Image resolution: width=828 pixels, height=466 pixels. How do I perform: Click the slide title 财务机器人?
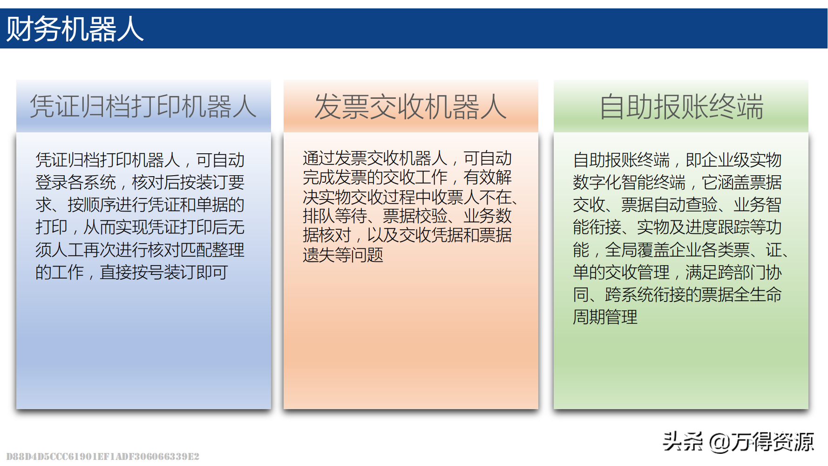pyautogui.click(x=75, y=29)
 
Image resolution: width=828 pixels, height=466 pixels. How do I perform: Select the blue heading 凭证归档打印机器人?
pyautogui.click(x=143, y=106)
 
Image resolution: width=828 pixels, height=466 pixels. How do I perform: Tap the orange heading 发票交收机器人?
pyautogui.click(x=411, y=107)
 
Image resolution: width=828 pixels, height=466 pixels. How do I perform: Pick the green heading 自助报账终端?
pyautogui.click(x=681, y=107)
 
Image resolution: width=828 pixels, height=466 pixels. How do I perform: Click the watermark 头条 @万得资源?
pyautogui.click(x=738, y=442)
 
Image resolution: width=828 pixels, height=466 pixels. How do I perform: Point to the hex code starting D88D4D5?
pyautogui.click(x=102, y=456)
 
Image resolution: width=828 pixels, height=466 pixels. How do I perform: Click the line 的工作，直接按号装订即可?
pyautogui.click(x=132, y=272)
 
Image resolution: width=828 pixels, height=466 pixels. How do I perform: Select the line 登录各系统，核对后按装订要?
pyautogui.click(x=140, y=182)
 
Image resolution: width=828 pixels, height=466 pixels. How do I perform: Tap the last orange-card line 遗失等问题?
pyautogui.click(x=343, y=255)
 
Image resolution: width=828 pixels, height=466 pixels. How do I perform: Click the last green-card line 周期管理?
pyautogui.click(x=605, y=317)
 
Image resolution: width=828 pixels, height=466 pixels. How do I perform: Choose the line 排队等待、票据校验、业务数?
pyautogui.click(x=407, y=216)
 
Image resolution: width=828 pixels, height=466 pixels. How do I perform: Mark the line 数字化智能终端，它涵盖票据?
pyautogui.click(x=677, y=182)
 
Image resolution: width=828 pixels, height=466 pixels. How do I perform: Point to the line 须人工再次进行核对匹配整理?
pyautogui.click(x=140, y=250)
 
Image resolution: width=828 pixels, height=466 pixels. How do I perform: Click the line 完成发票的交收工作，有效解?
pyautogui.click(x=407, y=177)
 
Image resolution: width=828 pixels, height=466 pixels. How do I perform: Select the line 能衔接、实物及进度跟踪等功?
pyautogui.click(x=677, y=227)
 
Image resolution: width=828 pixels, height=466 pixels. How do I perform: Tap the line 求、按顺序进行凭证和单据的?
pyautogui.click(x=140, y=205)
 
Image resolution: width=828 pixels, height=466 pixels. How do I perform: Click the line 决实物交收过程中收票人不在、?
pyautogui.click(x=411, y=197)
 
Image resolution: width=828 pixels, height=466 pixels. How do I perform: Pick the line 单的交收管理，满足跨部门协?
pyautogui.click(x=677, y=272)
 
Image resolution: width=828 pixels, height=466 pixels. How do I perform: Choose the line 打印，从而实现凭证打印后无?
pyautogui.click(x=140, y=227)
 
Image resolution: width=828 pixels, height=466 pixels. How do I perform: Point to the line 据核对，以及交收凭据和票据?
pyautogui.click(x=407, y=235)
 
